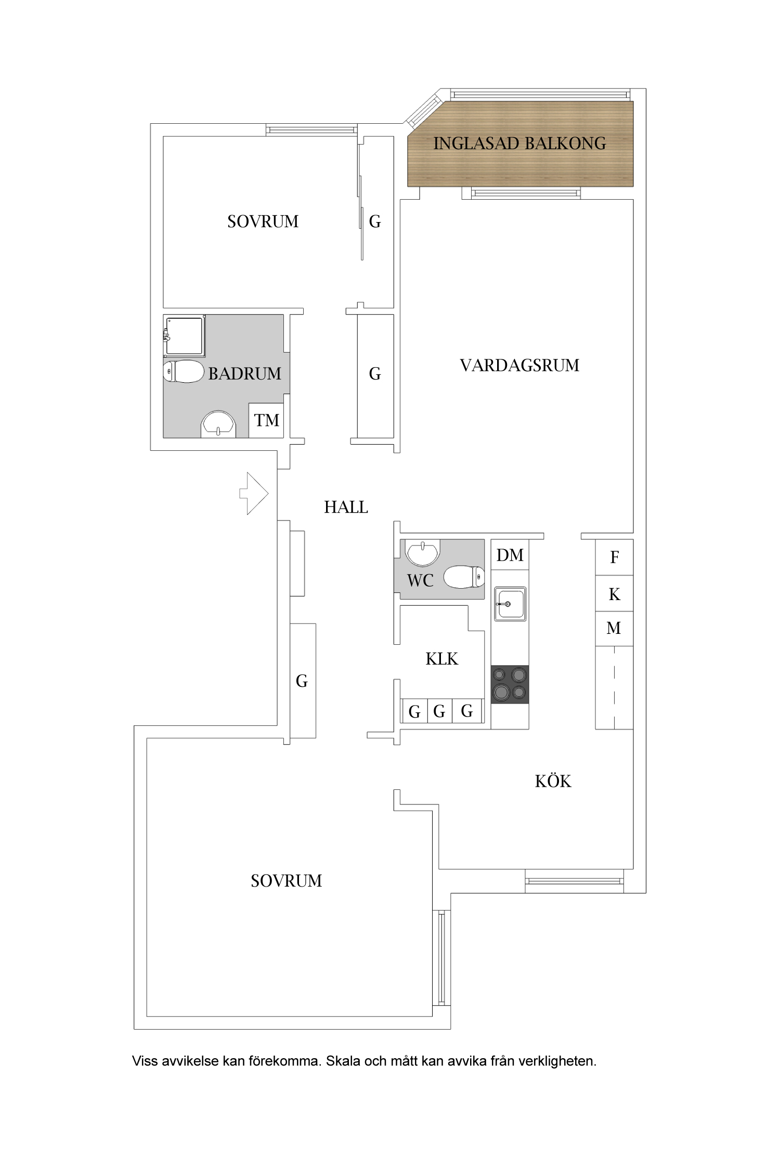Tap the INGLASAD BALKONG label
519,144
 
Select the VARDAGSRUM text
519,366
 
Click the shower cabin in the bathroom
184,336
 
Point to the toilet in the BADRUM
184,371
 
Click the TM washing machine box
266,420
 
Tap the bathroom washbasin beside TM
218,424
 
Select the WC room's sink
422,553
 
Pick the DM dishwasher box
510,555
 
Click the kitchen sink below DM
510,604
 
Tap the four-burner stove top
510,684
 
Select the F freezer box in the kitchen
614,557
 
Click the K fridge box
614,594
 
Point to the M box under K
614,628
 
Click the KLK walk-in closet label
441,659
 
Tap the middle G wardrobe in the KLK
439,711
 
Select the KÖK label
553,781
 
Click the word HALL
346,507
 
